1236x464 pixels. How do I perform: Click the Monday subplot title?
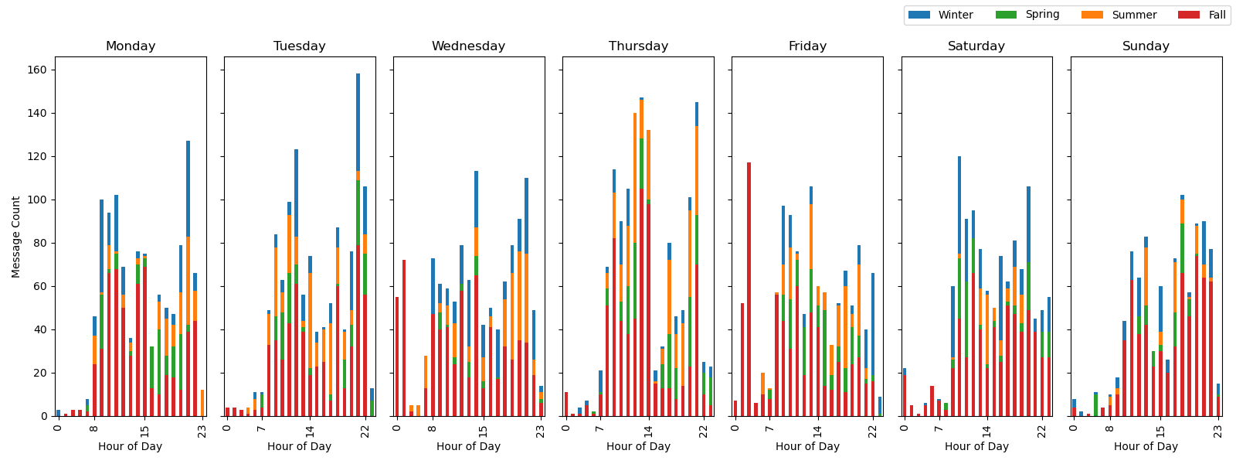[x=131, y=46]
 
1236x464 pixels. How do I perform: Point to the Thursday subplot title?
[x=638, y=46]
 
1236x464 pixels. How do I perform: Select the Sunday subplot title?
[x=1146, y=46]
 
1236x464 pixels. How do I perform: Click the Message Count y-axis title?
[x=16, y=237]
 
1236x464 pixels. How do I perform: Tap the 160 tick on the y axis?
[x=37, y=70]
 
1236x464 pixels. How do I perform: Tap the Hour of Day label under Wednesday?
[x=468, y=446]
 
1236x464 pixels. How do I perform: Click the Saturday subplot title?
[x=976, y=46]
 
